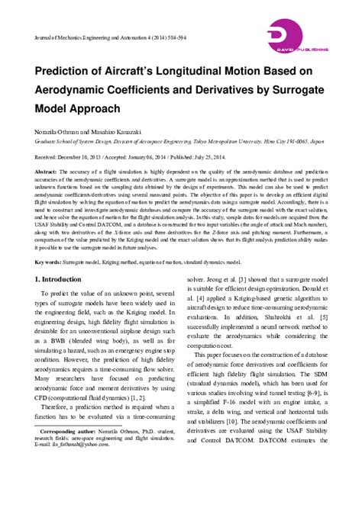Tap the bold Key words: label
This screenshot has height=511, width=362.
(48, 262)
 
